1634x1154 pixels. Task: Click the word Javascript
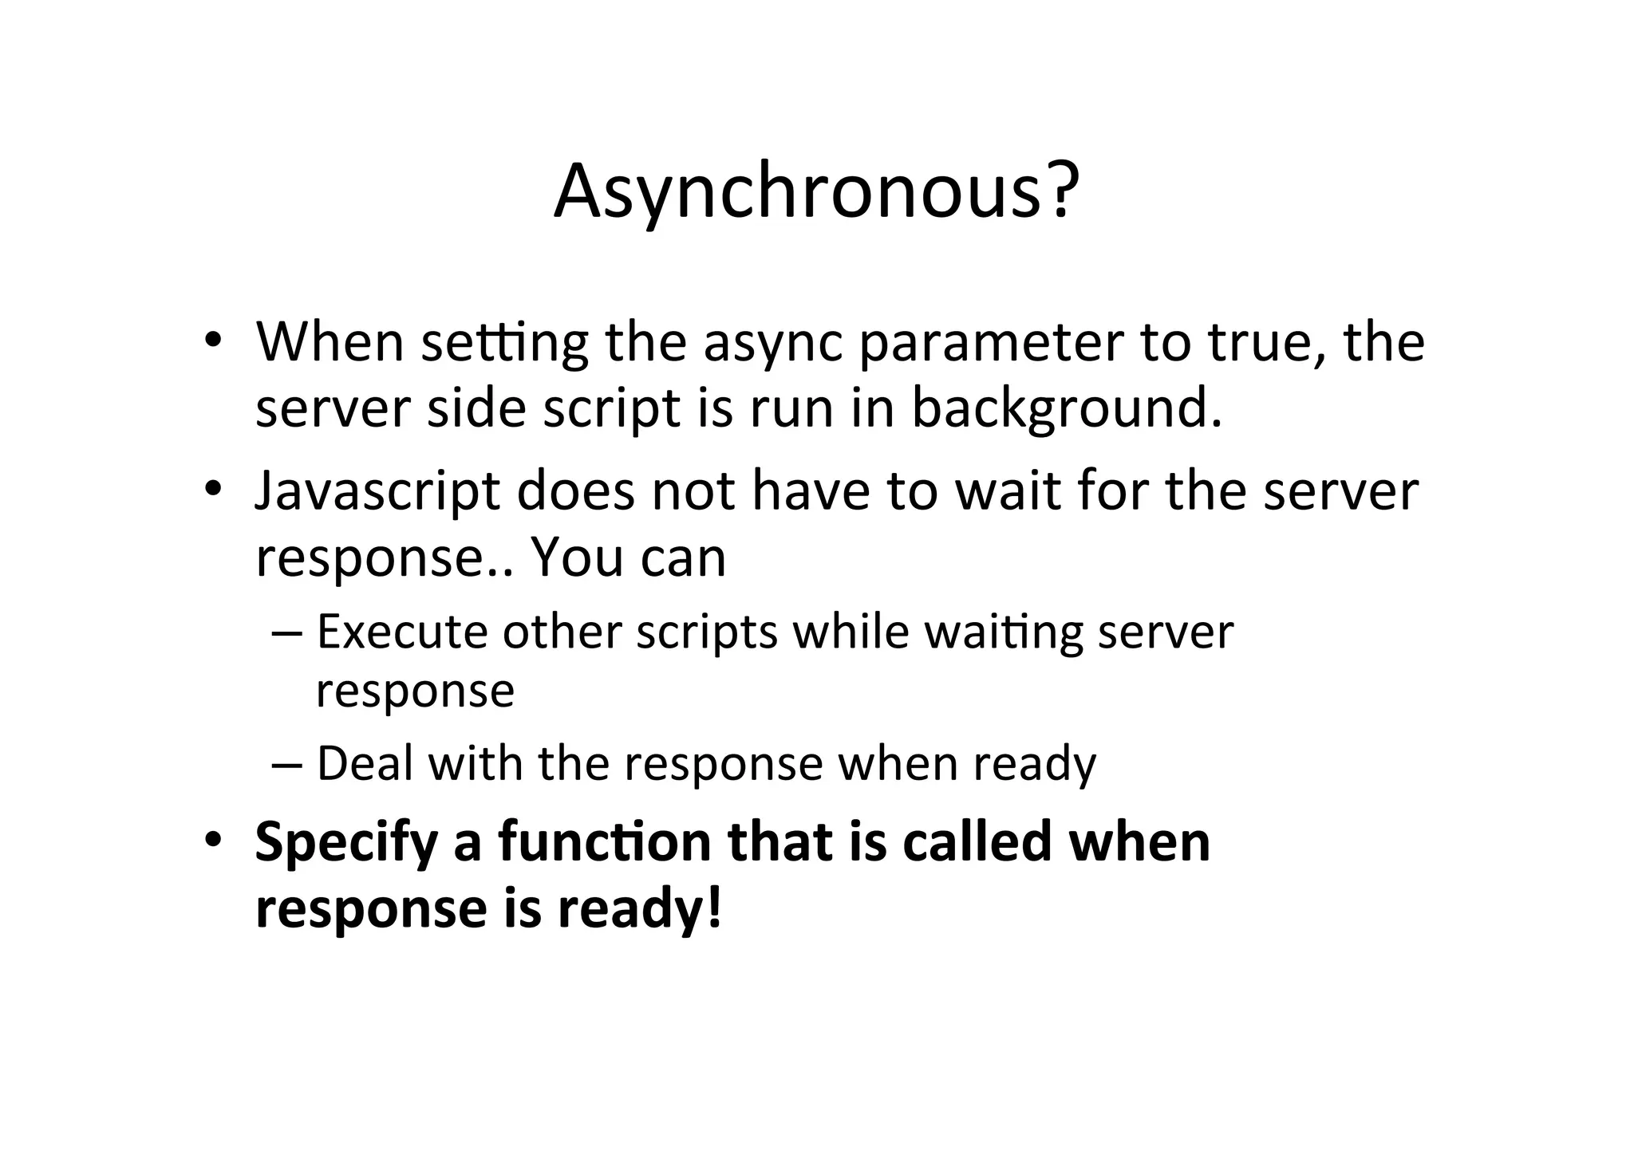tap(377, 492)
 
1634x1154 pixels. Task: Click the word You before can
tap(577, 557)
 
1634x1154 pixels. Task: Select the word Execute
tap(401, 632)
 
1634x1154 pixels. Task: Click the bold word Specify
tap(346, 844)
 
